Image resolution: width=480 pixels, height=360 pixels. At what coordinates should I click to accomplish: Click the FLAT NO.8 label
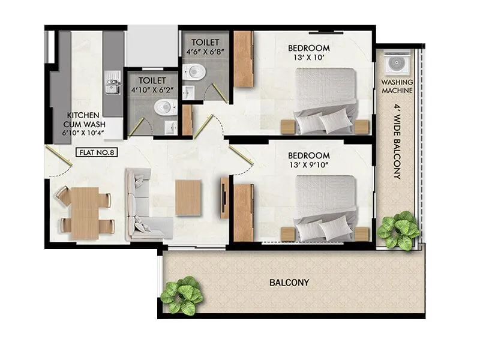point(97,152)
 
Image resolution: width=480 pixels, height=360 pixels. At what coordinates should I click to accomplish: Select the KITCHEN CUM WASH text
point(82,119)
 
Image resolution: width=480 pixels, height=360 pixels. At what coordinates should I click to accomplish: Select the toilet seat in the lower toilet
point(164,108)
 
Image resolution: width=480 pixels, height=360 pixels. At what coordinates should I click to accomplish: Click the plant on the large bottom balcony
point(182,295)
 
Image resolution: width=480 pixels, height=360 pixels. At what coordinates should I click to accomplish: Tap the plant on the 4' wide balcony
point(398,230)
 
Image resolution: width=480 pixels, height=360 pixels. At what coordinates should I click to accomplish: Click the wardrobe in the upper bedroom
point(243,59)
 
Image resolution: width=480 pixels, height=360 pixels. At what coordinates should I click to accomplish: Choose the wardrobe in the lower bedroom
point(243,213)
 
